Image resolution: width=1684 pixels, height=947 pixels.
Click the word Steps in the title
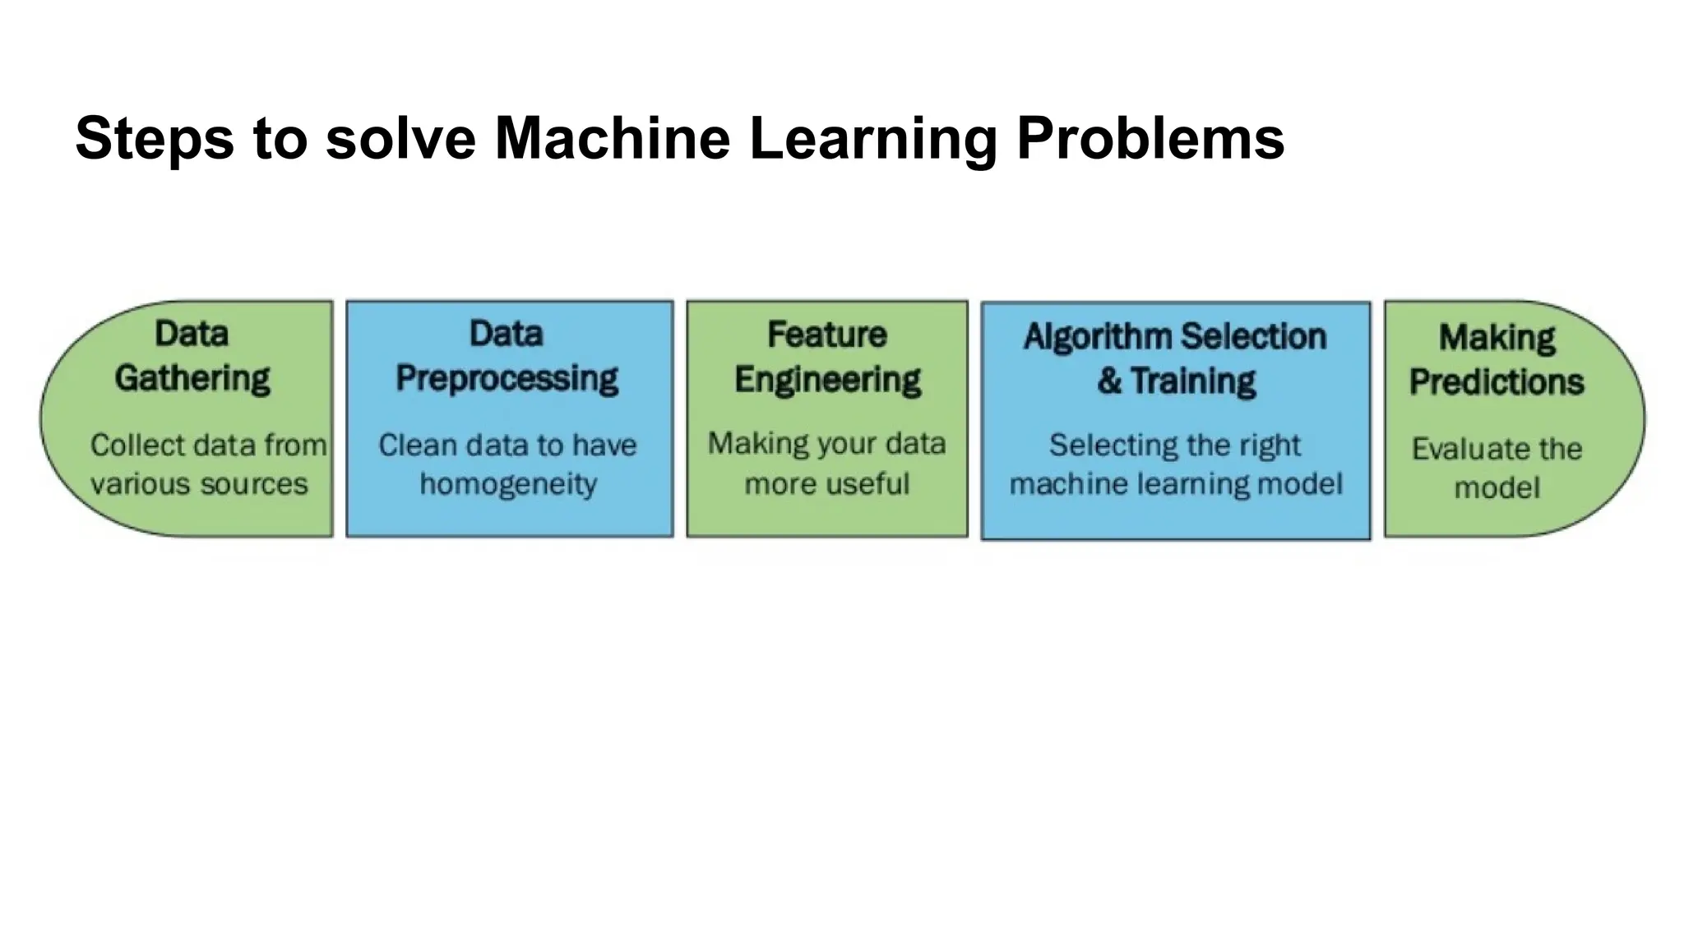(x=155, y=138)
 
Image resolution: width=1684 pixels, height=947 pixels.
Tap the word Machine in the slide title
(x=612, y=138)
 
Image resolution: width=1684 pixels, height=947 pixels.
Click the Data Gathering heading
(x=192, y=356)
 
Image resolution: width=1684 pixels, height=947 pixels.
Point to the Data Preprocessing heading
(x=507, y=356)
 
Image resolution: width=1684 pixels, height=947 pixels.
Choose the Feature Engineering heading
(x=827, y=357)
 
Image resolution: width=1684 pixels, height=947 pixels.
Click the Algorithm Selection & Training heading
(x=1175, y=358)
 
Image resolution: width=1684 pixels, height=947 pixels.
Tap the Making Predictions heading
(x=1497, y=359)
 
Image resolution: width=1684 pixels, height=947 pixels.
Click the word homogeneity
(x=508, y=484)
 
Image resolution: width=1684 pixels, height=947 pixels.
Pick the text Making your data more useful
(x=827, y=464)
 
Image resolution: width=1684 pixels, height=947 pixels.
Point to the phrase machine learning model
(x=1176, y=484)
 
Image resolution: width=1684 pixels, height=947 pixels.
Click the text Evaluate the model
(x=1497, y=468)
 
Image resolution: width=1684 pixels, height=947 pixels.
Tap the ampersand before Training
(x=1109, y=381)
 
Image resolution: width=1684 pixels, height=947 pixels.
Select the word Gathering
(x=192, y=378)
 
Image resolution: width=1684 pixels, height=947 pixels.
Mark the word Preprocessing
(x=507, y=378)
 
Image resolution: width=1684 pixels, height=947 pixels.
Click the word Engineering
(x=827, y=380)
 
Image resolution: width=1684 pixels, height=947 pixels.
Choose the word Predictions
(x=1497, y=381)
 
